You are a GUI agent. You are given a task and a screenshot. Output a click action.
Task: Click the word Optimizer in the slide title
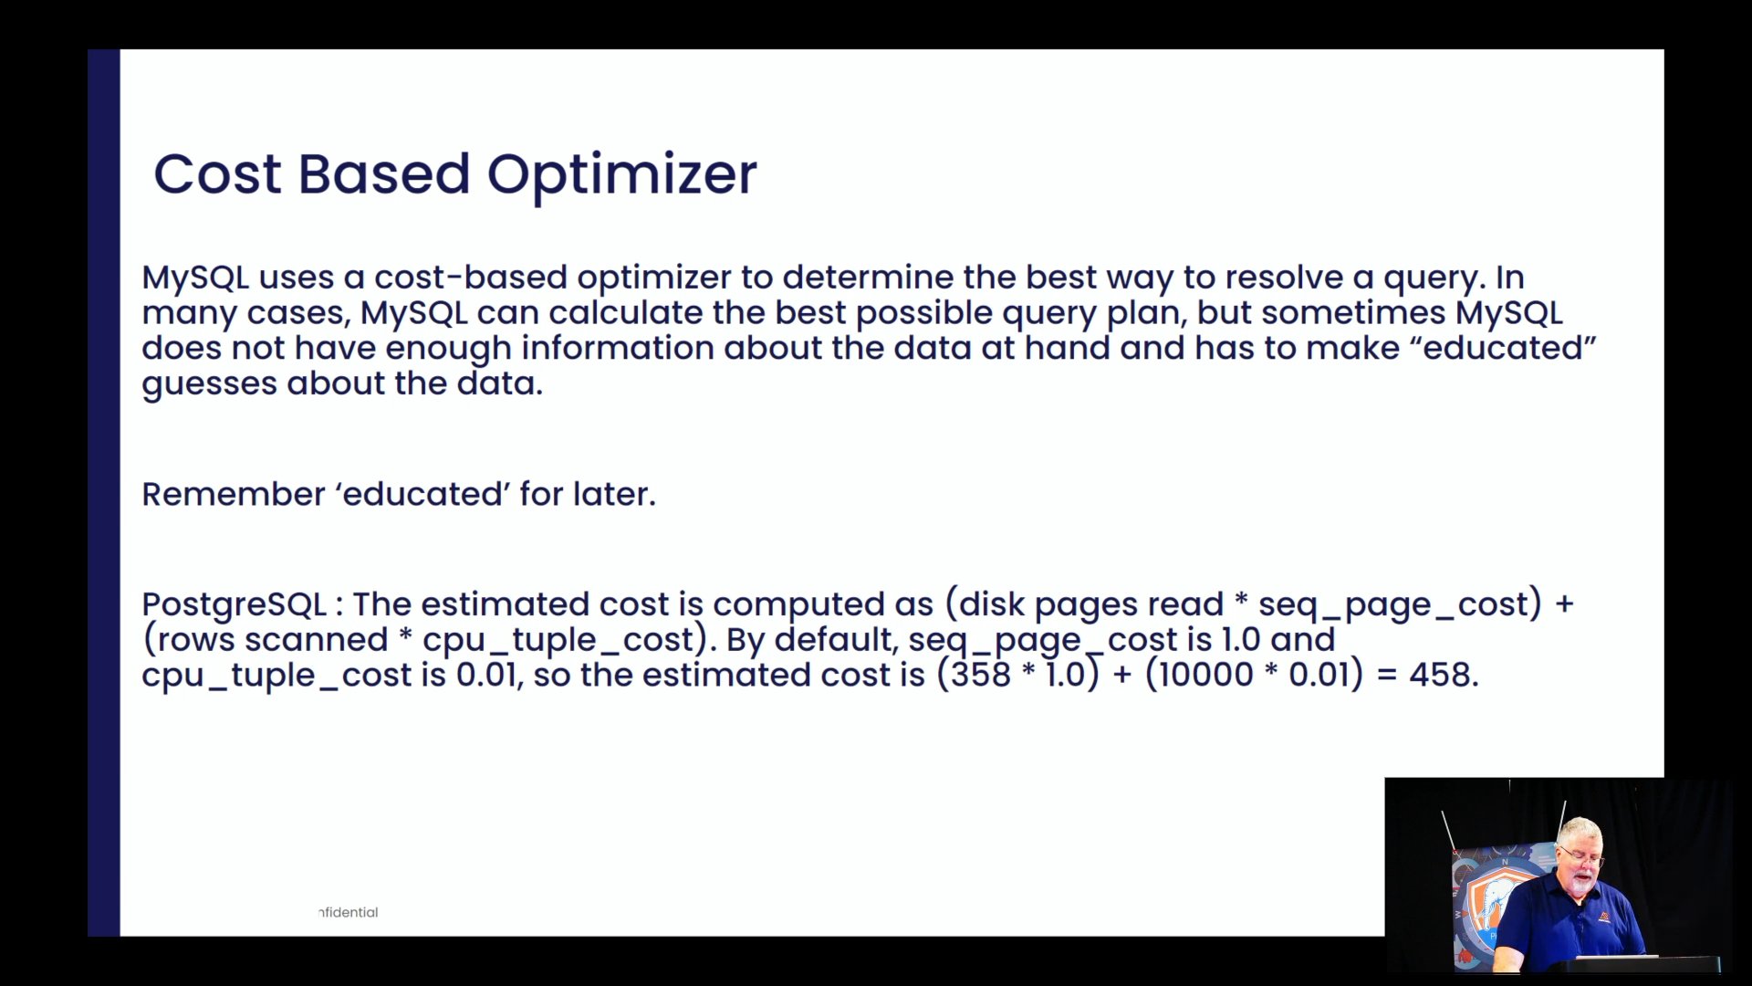(621, 175)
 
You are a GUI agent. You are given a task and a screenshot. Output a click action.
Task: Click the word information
(617, 347)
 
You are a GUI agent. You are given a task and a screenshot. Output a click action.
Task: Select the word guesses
(209, 384)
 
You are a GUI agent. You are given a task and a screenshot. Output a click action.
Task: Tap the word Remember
(233, 494)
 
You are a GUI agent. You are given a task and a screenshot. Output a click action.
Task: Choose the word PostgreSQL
(234, 604)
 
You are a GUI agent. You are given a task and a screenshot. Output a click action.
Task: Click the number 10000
(1205, 675)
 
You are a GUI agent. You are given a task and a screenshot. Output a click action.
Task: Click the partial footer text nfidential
(348, 912)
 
